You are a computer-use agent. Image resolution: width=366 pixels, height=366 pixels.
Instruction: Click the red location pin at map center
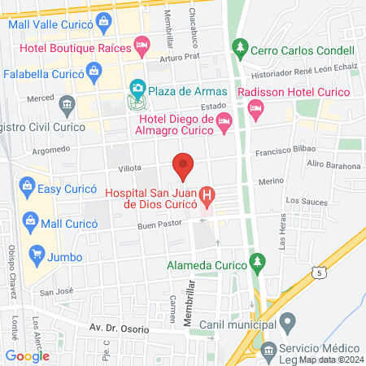(x=183, y=165)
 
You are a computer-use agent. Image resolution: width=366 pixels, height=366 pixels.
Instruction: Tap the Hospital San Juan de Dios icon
(x=208, y=195)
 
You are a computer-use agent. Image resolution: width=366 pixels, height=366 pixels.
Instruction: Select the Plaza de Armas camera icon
(x=137, y=87)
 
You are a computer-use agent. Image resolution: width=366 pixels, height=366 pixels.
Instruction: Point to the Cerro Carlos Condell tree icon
(x=239, y=48)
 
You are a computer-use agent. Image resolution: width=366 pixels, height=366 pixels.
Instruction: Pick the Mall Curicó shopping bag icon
(x=31, y=220)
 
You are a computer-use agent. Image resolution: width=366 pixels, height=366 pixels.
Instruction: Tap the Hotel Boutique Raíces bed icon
(x=142, y=44)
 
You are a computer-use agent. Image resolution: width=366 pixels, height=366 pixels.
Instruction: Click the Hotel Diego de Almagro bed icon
(x=225, y=123)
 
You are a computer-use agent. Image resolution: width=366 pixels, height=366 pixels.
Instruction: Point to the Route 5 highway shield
(x=324, y=273)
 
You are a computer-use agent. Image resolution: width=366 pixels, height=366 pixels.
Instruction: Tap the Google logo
(x=27, y=355)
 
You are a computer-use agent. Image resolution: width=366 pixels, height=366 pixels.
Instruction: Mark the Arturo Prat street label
(x=179, y=58)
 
